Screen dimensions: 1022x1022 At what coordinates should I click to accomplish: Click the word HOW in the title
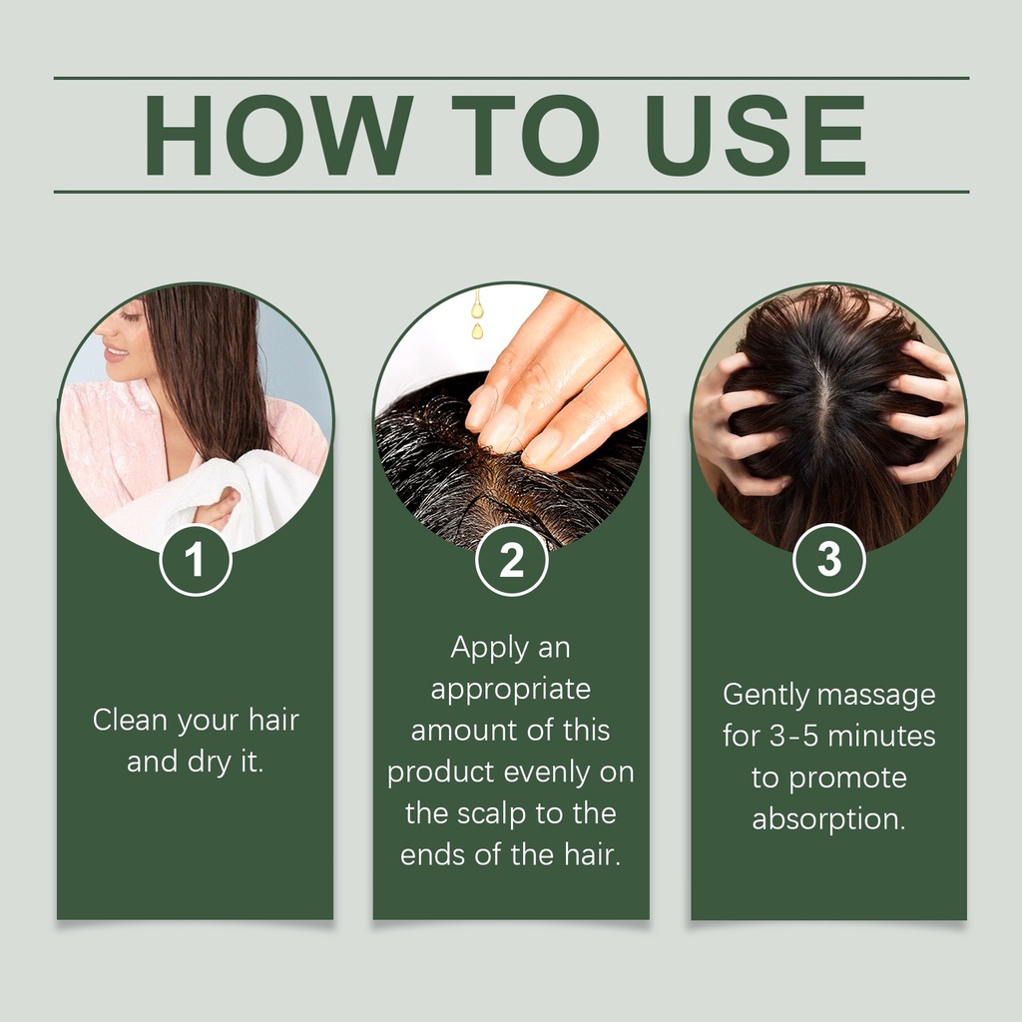278,136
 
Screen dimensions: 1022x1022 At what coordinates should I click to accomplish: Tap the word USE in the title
756,136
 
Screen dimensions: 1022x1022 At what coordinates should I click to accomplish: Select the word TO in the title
525,136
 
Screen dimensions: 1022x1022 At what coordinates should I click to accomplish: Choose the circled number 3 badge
829,559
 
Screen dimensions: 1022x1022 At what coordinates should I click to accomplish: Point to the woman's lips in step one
116,352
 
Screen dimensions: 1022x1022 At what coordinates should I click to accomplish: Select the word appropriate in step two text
510,691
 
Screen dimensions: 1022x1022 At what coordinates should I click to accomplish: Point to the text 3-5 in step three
793,737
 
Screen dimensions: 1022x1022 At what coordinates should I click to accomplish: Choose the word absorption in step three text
828,820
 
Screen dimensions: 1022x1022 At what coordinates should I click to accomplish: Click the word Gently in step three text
766,695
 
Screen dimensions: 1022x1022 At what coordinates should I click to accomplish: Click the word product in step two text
440,773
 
